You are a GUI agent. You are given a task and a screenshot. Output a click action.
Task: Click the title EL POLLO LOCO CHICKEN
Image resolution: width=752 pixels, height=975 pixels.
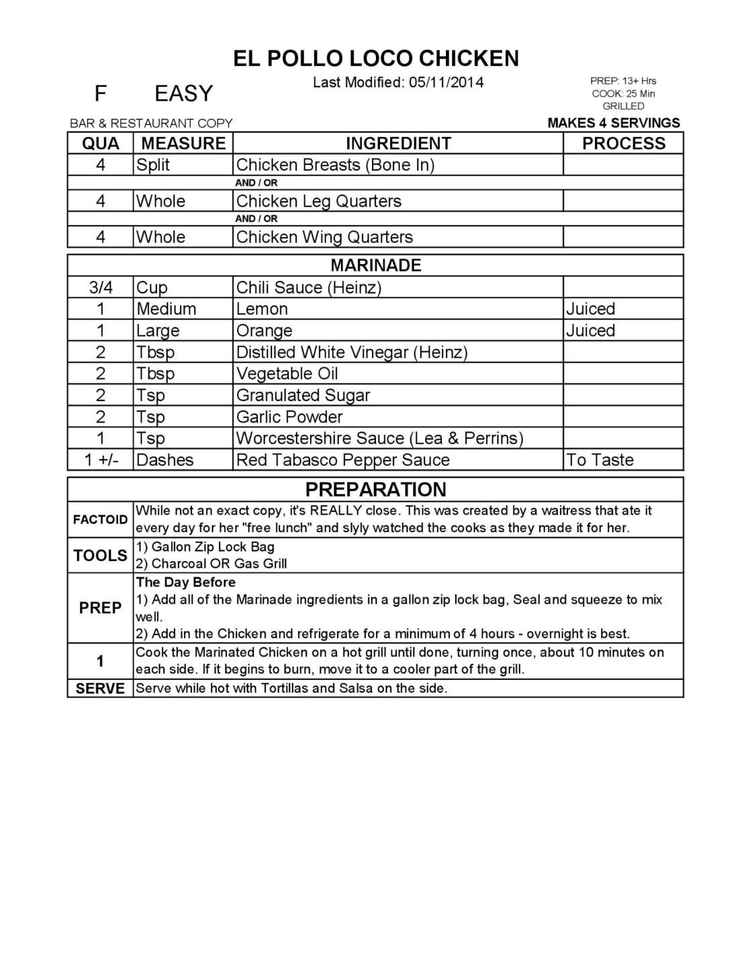tap(376, 58)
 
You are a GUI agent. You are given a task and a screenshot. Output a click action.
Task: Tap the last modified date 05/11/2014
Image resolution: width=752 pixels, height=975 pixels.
tap(446, 83)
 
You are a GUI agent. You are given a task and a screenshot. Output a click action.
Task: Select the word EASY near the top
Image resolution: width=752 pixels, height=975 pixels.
tap(183, 93)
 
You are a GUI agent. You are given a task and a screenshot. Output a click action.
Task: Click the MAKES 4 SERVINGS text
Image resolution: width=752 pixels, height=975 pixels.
tap(614, 123)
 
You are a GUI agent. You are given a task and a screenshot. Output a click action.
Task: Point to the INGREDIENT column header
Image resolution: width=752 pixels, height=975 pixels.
tap(398, 143)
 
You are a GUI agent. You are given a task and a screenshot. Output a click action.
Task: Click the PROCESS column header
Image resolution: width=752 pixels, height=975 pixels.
tap(623, 143)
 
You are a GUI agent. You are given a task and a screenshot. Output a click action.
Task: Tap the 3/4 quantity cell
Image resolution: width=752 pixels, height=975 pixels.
tap(101, 288)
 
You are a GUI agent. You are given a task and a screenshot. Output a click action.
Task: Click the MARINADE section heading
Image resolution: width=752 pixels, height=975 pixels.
tap(376, 265)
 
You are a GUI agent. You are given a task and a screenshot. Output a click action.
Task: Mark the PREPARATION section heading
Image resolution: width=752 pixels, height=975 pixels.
tap(376, 489)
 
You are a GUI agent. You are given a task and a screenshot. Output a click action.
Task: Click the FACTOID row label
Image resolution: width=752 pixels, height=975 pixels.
tap(100, 519)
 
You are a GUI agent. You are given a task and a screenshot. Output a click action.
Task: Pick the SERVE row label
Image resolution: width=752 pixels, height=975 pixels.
tap(100, 689)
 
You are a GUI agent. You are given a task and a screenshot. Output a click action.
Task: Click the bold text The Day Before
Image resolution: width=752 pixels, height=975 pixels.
tap(186, 582)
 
